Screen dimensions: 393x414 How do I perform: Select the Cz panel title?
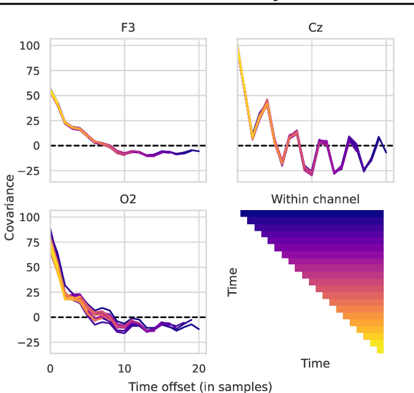pyautogui.click(x=315, y=28)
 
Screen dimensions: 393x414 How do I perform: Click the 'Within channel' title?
pyautogui.click(x=315, y=199)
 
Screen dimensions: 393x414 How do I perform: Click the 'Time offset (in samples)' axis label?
pyautogui.click(x=201, y=387)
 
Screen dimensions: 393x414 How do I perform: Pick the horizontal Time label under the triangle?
pyautogui.click(x=315, y=363)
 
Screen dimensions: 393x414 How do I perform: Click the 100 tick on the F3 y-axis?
pyautogui.click(x=30, y=46)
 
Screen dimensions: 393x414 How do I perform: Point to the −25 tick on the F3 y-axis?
pyautogui.click(x=30, y=171)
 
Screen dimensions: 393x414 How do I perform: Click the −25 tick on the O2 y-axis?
pyautogui.click(x=30, y=343)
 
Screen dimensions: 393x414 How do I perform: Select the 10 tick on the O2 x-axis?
pyautogui.click(x=125, y=368)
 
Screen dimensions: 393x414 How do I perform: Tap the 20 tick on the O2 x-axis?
pyautogui.click(x=199, y=368)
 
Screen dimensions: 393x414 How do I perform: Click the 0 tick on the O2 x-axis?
pyautogui.click(x=50, y=368)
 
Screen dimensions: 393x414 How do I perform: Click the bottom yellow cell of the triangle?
pyautogui.click(x=380, y=350)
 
